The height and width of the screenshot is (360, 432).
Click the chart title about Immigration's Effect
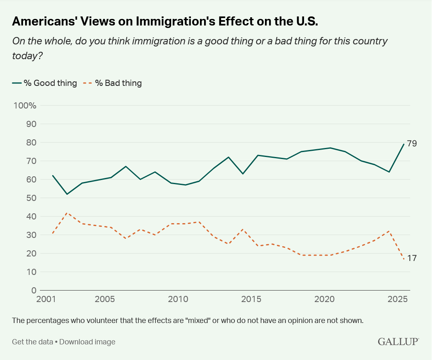(165, 22)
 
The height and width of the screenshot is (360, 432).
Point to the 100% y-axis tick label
(25, 106)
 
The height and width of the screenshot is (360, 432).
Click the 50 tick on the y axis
(31, 198)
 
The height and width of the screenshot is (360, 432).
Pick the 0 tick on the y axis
(34, 291)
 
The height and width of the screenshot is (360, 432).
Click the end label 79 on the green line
(412, 143)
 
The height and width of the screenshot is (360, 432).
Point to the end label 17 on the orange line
(412, 258)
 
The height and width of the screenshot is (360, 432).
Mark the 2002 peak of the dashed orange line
(67, 213)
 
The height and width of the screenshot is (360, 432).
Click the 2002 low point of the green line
(67, 194)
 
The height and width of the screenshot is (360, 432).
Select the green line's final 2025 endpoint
(404, 144)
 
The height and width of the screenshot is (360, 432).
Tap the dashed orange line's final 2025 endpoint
(404, 259)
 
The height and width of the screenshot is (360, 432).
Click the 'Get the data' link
(32, 342)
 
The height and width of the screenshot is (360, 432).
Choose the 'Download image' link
(87, 342)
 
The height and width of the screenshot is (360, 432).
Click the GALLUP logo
(398, 342)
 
